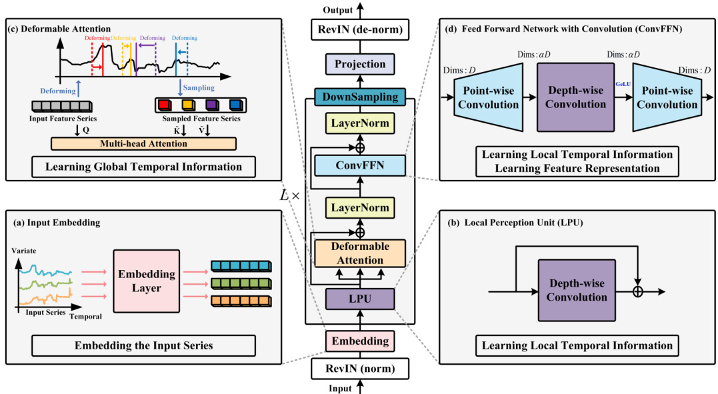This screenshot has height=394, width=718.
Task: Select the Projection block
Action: tap(359, 64)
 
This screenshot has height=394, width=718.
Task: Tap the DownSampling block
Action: tap(359, 97)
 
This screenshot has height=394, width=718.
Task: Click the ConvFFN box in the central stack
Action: tap(359, 165)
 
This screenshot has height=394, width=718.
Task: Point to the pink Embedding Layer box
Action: tap(147, 281)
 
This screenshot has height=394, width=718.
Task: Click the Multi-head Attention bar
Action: tap(144, 143)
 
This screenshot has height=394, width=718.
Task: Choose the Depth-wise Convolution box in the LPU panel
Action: tap(575, 290)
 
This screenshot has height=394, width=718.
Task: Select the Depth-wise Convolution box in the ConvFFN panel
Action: tap(575, 97)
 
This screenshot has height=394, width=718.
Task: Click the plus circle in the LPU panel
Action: tap(638, 291)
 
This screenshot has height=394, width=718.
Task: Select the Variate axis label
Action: tap(25, 251)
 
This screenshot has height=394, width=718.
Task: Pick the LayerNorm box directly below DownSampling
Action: tap(359, 123)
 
